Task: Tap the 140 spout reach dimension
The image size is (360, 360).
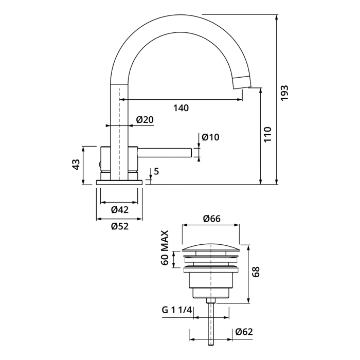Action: point(181,108)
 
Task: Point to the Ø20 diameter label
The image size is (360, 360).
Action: point(145,120)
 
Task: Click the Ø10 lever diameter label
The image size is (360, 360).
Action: point(211,137)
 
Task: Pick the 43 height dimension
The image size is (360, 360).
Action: point(76,165)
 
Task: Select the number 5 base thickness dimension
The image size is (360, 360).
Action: point(156,172)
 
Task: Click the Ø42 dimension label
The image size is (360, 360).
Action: point(119,209)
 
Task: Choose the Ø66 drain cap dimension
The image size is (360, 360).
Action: point(211,219)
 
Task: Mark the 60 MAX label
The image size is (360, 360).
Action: point(166,248)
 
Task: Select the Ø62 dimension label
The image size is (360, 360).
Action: point(244,332)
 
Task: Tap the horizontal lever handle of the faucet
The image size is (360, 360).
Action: point(165,152)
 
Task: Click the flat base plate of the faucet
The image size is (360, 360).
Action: point(119,182)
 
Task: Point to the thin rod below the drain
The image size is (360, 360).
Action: point(211,324)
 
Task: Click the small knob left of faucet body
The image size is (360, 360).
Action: point(100,165)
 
